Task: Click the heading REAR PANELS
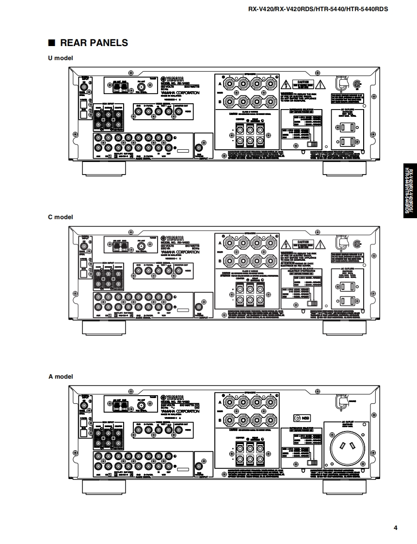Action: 94,43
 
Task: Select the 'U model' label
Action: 60,58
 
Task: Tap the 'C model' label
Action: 60,217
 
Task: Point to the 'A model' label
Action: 60,376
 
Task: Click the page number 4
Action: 396,528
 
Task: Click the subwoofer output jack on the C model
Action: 198,306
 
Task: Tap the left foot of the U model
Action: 104,168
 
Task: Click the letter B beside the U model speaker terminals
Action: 220,101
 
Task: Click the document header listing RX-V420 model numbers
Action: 318,9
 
